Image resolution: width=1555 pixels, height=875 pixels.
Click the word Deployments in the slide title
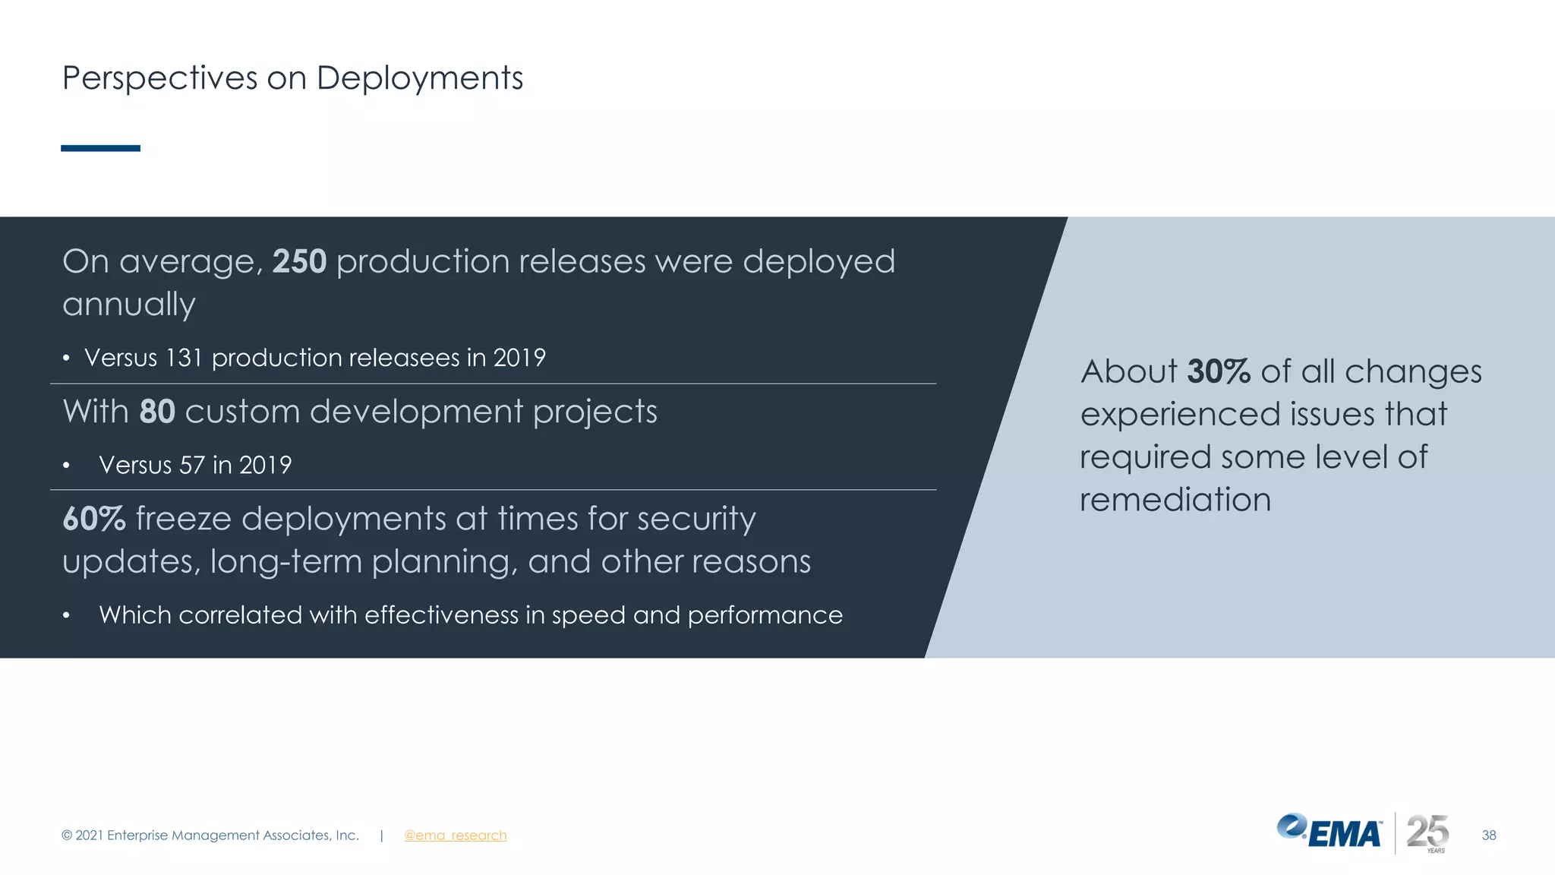point(419,78)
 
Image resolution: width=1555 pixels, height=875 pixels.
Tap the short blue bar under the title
point(100,148)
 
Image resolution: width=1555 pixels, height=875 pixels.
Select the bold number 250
point(299,261)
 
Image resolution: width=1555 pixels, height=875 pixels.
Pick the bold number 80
point(157,412)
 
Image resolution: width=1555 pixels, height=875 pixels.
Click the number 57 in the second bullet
point(192,465)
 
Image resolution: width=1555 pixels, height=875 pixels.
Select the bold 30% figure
point(1218,372)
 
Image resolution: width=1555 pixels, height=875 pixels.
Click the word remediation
point(1175,500)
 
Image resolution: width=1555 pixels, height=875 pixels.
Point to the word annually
point(129,305)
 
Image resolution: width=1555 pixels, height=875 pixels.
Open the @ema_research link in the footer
point(455,836)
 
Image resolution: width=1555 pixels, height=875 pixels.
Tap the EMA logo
point(1329,832)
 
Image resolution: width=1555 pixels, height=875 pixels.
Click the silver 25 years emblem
point(1427,832)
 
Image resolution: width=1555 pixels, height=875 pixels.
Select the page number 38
point(1488,836)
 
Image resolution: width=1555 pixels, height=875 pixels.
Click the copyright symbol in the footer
point(67,836)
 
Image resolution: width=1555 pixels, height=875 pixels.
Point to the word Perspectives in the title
point(159,78)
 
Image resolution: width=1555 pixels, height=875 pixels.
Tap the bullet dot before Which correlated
point(67,616)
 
